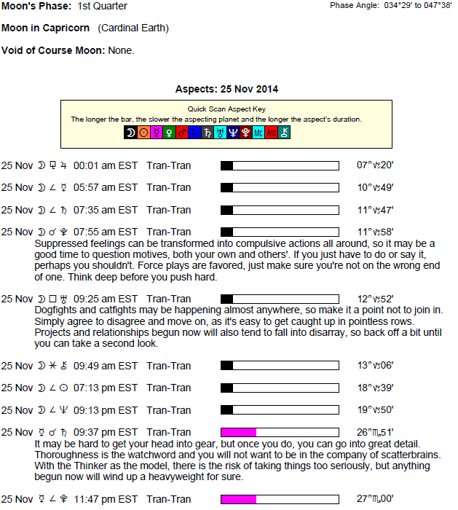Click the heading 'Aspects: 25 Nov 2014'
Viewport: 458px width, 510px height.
pos(226,89)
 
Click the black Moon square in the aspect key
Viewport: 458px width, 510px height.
pos(130,133)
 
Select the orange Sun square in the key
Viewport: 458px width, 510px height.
pos(143,133)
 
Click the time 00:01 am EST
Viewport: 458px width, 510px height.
pos(106,165)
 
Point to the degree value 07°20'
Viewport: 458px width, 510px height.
pos(374,165)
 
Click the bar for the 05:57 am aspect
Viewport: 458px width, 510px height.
pos(280,188)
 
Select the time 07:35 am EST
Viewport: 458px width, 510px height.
pos(106,210)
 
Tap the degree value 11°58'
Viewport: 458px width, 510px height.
pos(374,232)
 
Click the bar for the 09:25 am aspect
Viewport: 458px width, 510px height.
pos(280,299)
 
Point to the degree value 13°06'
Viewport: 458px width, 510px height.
pos(374,365)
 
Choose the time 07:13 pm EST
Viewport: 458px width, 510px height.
pos(106,388)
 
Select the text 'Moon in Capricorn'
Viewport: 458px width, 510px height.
pos(45,28)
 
